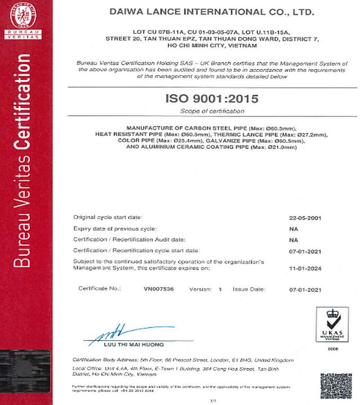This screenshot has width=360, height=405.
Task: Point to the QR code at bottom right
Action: (x=336, y=386)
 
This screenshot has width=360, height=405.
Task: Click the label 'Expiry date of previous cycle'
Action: (x=114, y=229)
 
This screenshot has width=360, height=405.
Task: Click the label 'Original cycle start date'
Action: (x=108, y=217)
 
